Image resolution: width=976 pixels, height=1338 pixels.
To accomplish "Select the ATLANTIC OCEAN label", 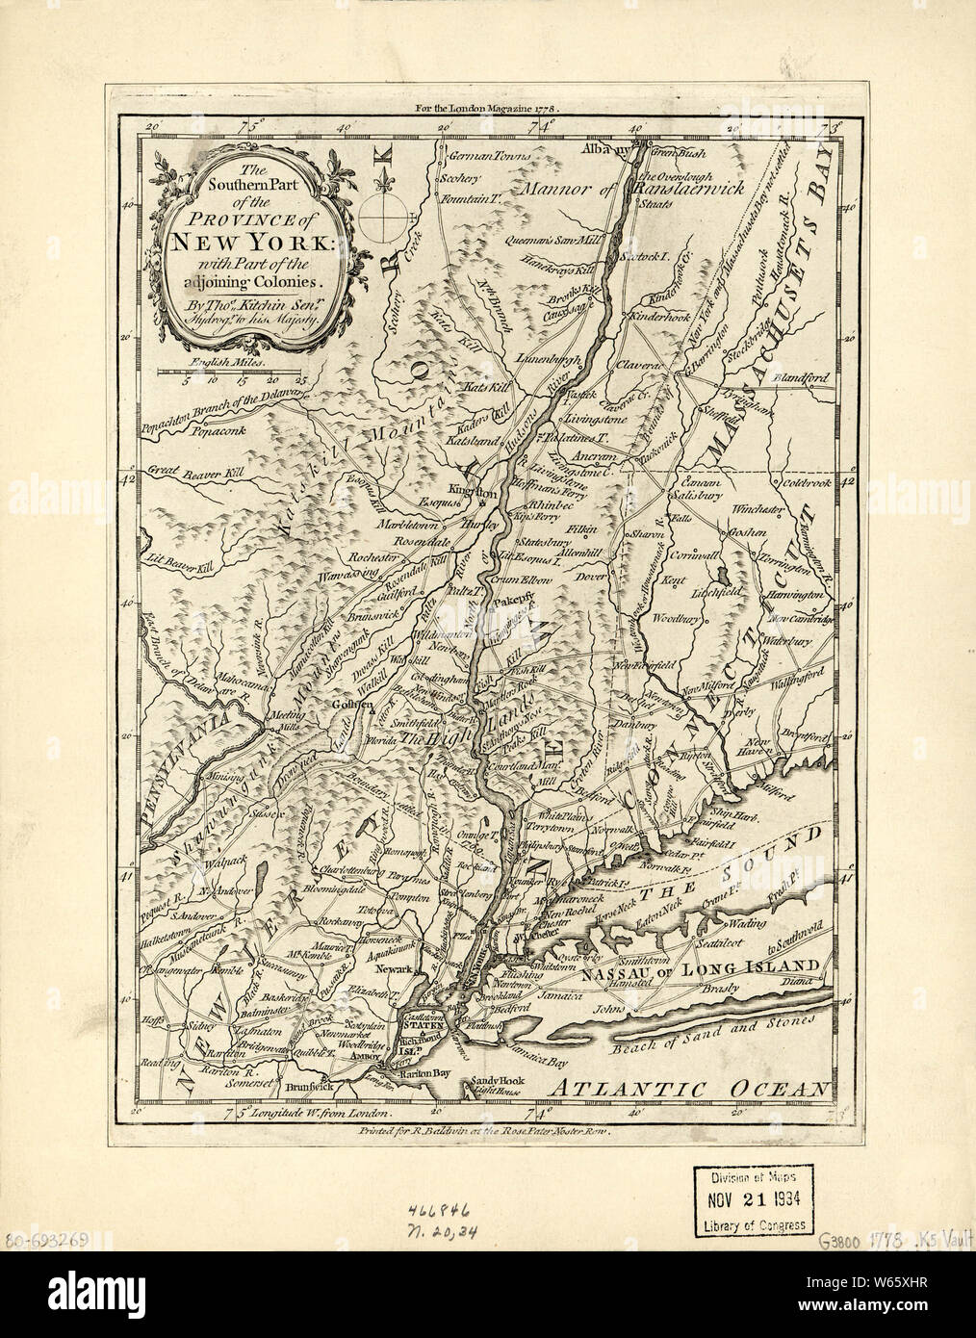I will (690, 1088).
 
